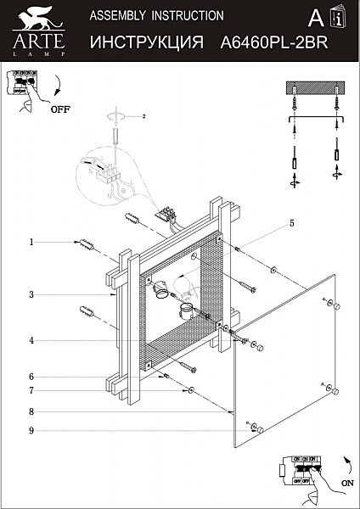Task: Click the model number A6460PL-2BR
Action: click(x=273, y=40)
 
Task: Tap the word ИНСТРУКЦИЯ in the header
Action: click(x=145, y=40)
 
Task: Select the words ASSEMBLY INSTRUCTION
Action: click(x=156, y=15)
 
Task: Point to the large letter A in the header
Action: click(x=315, y=20)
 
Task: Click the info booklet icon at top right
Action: click(x=340, y=18)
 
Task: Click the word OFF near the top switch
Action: click(x=60, y=109)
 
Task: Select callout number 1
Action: click(x=31, y=242)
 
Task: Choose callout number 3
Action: click(x=31, y=294)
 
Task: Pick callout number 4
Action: click(x=31, y=341)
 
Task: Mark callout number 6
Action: click(x=31, y=376)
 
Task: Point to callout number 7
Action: click(x=31, y=390)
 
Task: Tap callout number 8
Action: click(x=31, y=411)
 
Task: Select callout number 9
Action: click(x=31, y=430)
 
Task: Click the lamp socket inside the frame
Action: click(x=161, y=291)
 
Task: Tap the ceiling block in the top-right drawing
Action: click(x=313, y=90)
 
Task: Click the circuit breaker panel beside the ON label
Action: click(x=301, y=467)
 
